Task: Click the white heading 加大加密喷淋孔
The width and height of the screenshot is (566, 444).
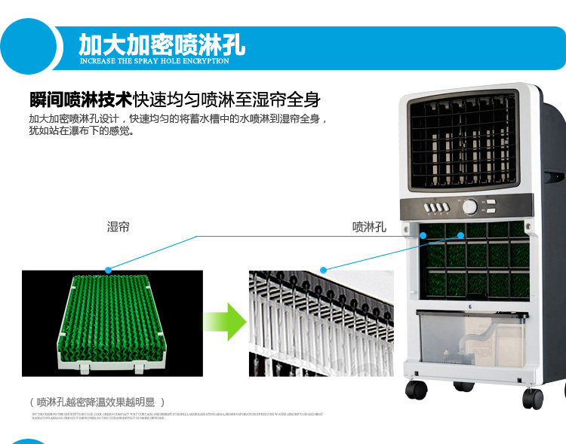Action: [x=161, y=43]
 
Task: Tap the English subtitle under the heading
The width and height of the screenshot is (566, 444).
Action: [x=154, y=61]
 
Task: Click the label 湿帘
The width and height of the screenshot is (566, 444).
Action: [x=118, y=226]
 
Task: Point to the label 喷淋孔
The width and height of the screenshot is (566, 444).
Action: [x=369, y=226]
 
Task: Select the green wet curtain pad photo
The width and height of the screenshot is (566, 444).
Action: [x=111, y=323]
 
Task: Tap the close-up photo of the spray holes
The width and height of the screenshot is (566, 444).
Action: [x=321, y=323]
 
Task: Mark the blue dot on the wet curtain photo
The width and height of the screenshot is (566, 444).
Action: [x=109, y=269]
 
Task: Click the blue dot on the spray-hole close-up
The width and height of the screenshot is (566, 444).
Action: [x=323, y=268]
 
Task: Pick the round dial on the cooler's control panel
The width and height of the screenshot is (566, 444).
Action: [x=470, y=207]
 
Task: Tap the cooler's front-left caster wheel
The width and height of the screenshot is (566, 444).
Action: [x=416, y=390]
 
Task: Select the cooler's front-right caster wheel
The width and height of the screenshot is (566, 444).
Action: [x=533, y=397]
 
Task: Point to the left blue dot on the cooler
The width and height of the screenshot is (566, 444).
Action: [x=424, y=236]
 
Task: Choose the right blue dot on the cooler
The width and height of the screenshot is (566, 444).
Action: [x=460, y=236]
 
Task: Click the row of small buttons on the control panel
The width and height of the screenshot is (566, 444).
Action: [x=438, y=207]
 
